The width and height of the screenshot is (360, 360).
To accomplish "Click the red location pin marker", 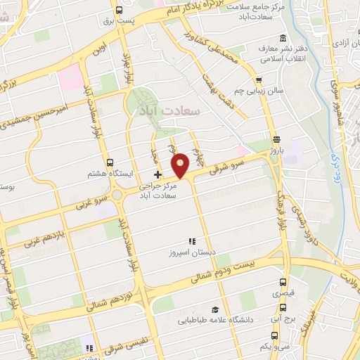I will tap(181, 165).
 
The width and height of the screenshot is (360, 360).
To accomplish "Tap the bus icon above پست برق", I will tap(119, 11).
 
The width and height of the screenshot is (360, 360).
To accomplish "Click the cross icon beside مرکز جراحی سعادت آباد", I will tap(157, 174).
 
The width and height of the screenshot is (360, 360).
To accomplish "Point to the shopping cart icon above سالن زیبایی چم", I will tap(259, 81).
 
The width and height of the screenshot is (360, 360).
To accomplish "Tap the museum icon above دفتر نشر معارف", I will tap(283, 38).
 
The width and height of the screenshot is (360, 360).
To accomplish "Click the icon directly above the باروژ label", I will tap(276, 139).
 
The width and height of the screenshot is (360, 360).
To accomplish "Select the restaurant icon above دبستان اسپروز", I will tap(191, 241).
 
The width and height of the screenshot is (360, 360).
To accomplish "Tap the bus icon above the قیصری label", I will tap(282, 287).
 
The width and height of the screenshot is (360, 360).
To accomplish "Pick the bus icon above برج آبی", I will tap(283, 307).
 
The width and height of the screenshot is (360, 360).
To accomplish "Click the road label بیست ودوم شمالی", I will tap(231, 271).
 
